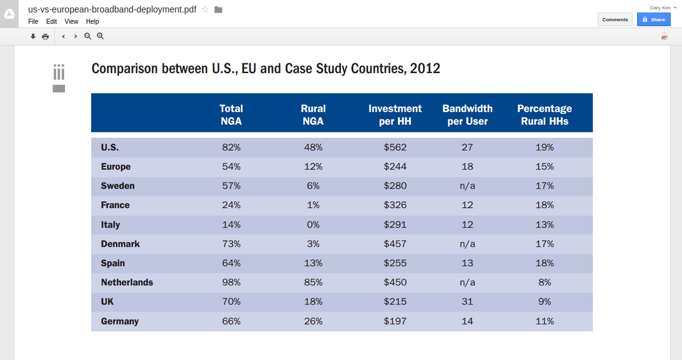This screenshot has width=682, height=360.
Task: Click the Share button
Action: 653,19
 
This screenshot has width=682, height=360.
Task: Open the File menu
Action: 33,21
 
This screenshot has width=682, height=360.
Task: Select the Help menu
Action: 92,21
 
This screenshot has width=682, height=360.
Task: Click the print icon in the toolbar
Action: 45,36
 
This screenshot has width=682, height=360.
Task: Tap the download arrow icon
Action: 33,36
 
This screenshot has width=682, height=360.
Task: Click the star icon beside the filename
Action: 205,9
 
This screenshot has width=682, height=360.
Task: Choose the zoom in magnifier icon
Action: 100,36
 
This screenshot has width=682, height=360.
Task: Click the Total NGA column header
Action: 231,115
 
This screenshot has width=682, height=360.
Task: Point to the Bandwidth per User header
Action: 467,115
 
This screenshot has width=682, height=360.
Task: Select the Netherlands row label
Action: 127,282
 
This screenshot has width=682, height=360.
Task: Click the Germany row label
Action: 120,321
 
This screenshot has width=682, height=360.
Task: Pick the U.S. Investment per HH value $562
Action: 395,147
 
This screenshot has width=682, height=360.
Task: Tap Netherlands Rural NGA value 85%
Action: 313,282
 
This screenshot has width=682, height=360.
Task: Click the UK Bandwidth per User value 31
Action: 467,302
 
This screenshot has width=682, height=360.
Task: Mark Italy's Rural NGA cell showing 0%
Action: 313,224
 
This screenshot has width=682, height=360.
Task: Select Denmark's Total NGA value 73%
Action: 231,244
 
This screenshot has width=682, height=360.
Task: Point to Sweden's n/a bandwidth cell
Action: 467,186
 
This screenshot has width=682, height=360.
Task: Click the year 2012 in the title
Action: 425,68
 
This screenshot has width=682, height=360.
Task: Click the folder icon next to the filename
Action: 218,9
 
